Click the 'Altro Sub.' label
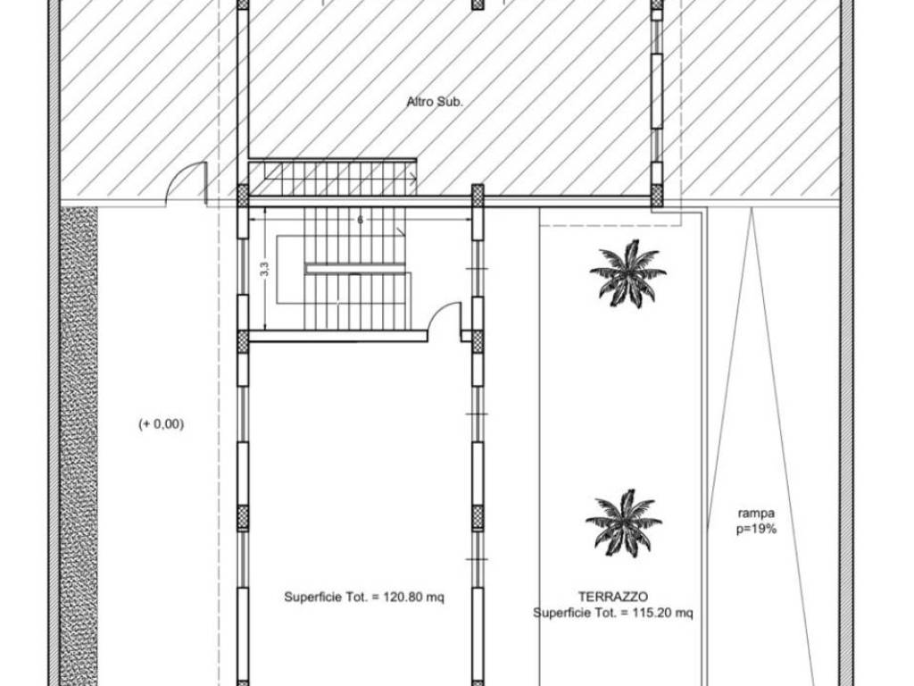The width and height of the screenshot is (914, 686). tap(435, 102)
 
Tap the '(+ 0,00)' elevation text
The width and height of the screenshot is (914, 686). tap(161, 424)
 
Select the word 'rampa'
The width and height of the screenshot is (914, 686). tap(756, 514)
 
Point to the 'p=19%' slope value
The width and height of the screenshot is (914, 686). tap(756, 530)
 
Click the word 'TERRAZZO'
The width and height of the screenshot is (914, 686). tap(612, 597)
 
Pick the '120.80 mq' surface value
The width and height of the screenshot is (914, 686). tap(413, 598)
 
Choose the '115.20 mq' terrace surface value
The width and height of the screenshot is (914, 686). tap(662, 613)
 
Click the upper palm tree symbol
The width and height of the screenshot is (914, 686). tap(627, 274)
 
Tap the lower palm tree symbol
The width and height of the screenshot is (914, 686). tap(624, 523)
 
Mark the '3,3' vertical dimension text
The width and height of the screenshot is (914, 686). tap(264, 270)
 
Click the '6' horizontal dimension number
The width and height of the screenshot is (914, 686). tap(361, 220)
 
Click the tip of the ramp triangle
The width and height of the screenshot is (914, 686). tap(752, 210)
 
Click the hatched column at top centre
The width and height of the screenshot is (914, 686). tap(478, 4)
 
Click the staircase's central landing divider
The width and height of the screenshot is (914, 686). tap(355, 269)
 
